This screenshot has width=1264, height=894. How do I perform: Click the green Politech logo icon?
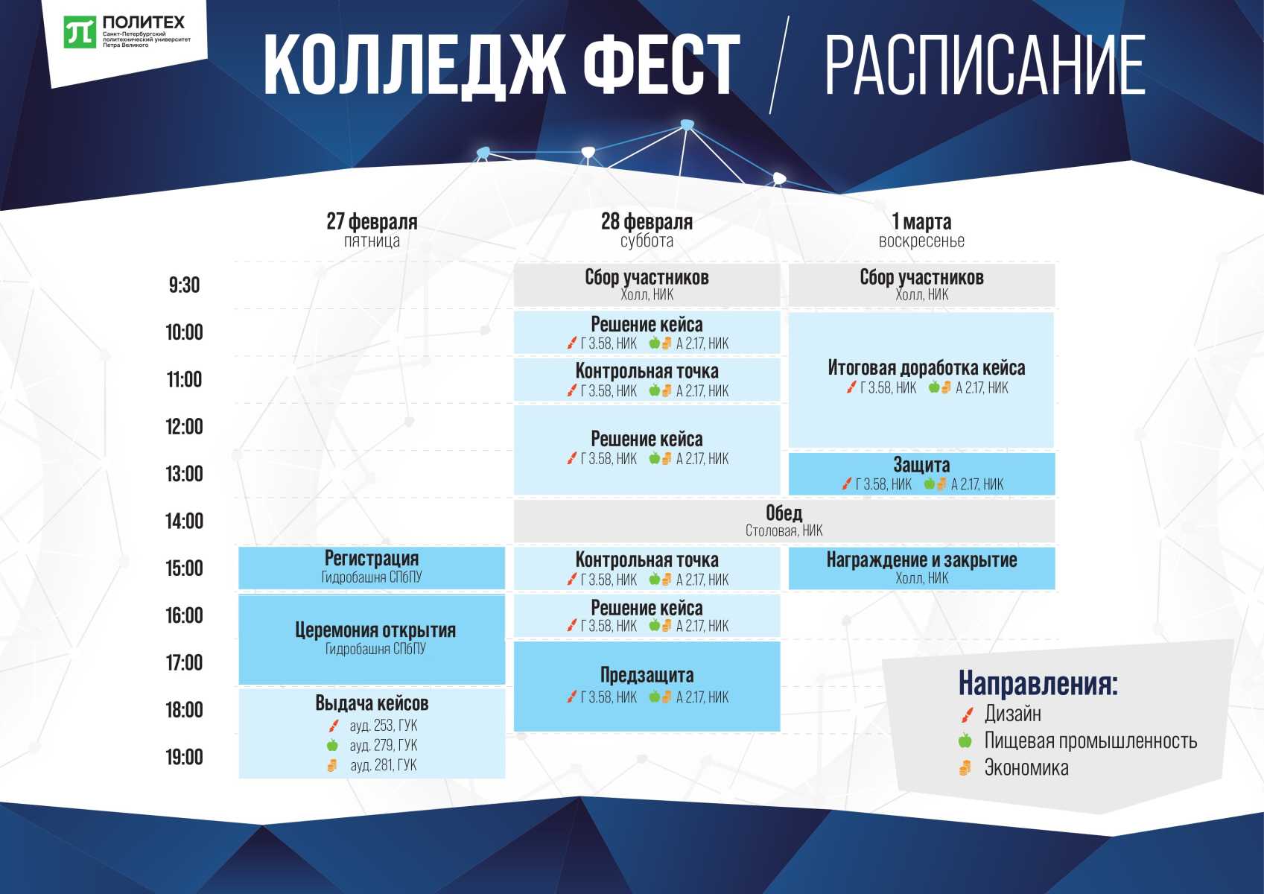(x=80, y=32)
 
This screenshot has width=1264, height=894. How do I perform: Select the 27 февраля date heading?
(x=372, y=221)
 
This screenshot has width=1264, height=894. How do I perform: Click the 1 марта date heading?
(x=921, y=221)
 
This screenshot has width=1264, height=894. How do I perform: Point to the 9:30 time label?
(x=185, y=285)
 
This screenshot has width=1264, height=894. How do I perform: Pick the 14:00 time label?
(x=185, y=521)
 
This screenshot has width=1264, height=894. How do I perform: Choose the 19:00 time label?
(x=185, y=757)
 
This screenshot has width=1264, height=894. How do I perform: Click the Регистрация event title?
(x=372, y=558)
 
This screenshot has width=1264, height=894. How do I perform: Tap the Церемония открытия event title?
(x=375, y=630)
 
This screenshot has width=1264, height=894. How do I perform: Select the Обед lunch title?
(x=784, y=513)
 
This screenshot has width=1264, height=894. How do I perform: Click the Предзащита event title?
(x=647, y=675)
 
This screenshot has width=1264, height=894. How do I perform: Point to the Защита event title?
(x=921, y=465)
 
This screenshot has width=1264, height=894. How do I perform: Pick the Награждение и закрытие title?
(x=921, y=560)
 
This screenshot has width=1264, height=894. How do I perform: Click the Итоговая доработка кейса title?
(x=926, y=368)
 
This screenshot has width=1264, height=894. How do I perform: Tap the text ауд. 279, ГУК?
(x=383, y=745)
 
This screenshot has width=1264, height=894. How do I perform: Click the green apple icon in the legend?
(x=965, y=740)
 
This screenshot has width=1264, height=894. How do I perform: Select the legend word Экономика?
(x=1026, y=767)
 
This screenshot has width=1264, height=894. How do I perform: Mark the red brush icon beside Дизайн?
(x=967, y=714)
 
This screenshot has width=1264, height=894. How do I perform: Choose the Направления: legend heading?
(x=1038, y=683)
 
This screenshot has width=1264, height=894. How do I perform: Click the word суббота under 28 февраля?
(x=647, y=241)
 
